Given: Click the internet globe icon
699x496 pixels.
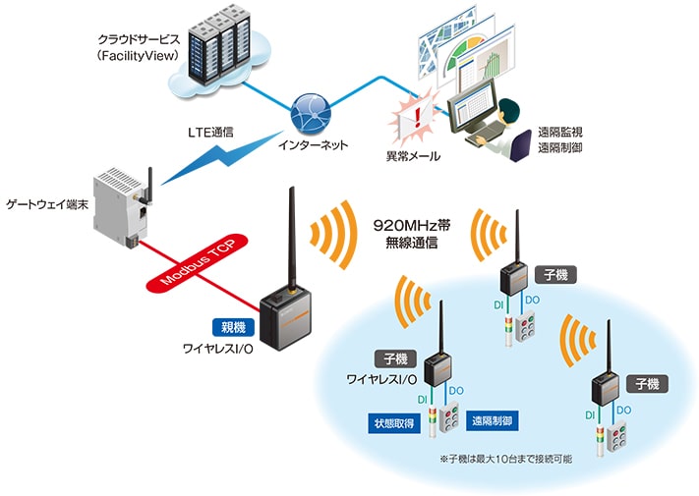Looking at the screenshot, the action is tap(311, 114).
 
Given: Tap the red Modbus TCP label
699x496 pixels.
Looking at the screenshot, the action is tap(198, 262).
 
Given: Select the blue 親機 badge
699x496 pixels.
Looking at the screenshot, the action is tap(233, 327).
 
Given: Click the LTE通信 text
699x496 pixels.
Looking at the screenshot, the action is tap(210, 133).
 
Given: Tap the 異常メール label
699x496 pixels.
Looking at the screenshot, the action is tap(413, 156).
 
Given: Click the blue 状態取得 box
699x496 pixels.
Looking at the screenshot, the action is tap(394, 423).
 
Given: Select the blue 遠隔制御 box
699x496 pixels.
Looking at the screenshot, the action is tap(493, 420).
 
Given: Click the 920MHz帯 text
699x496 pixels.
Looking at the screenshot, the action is tap(412, 225).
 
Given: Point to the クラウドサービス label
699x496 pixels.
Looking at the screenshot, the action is tap(139, 39).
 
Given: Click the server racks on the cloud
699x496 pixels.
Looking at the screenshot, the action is tap(219, 44).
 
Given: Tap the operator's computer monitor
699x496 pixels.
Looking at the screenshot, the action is tap(472, 107).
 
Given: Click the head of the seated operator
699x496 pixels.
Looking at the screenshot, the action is tap(508, 111).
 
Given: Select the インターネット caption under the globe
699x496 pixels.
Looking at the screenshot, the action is tap(313, 144).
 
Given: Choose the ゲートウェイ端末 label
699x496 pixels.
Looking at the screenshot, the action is tap(47, 204).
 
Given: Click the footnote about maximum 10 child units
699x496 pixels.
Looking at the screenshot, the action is tap(506, 459).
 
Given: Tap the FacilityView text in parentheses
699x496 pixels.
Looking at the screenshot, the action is tap(139, 56).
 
